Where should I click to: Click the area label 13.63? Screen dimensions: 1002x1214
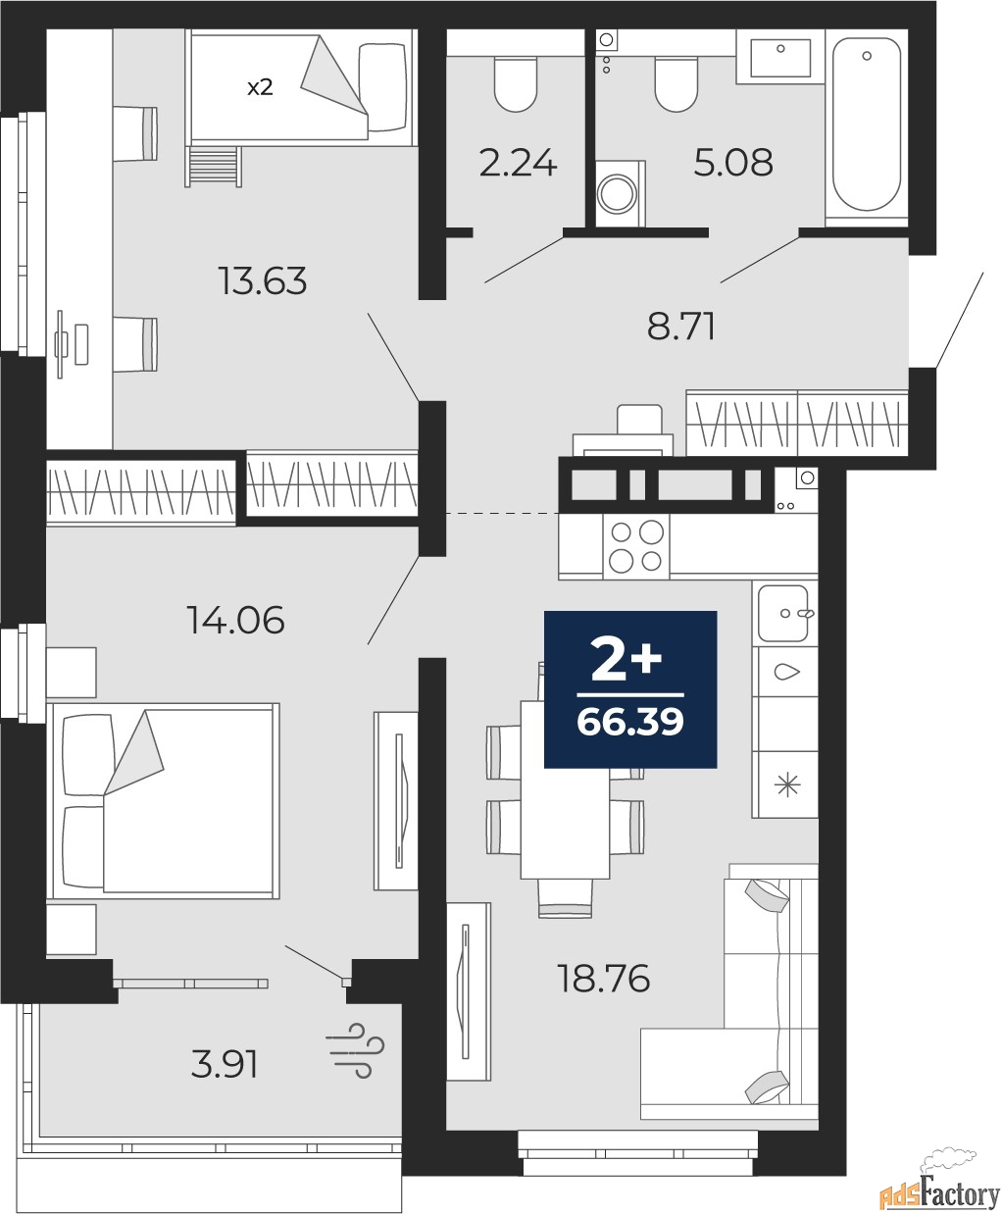click(263, 280)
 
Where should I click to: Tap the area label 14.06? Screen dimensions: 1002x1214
click(235, 620)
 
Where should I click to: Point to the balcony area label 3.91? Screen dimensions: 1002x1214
click(225, 1065)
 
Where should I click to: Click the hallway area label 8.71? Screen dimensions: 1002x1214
click(681, 327)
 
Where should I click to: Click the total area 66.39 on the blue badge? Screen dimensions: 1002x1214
click(630, 722)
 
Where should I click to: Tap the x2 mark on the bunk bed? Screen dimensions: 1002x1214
click(260, 87)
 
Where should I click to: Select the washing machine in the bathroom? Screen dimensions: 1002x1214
click(621, 193)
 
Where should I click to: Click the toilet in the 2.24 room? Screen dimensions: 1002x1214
click(515, 83)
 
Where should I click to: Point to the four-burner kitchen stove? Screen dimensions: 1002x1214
click(636, 546)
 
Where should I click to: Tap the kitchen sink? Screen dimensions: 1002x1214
click(784, 613)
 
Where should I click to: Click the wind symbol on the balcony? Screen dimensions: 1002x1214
click(356, 1051)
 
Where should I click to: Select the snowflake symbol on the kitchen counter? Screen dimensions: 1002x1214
click(787, 784)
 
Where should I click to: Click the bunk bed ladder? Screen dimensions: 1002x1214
click(213, 167)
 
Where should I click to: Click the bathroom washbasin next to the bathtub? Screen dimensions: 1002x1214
click(780, 57)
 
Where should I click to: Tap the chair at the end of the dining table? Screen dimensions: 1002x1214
click(565, 897)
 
